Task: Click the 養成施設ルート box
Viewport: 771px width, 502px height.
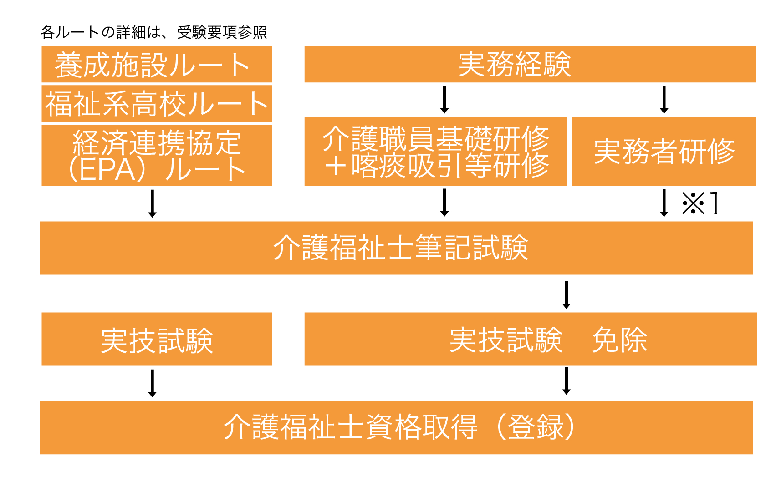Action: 157,64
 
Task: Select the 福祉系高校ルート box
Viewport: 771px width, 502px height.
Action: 157,104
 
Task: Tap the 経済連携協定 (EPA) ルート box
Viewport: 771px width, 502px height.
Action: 157,156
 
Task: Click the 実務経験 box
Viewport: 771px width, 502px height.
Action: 531,64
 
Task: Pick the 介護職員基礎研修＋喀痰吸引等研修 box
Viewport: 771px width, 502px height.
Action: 435,152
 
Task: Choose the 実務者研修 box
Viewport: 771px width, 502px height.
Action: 664,152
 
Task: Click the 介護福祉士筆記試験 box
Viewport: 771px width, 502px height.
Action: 397,248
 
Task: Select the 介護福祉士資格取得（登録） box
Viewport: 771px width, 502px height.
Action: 397,428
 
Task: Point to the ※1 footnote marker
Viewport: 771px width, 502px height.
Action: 700,203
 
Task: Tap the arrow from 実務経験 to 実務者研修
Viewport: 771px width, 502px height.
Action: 664,99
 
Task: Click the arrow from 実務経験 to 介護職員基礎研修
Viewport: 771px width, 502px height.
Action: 444,99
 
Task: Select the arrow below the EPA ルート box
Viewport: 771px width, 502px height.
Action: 152,203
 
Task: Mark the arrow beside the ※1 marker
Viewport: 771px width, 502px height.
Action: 664,203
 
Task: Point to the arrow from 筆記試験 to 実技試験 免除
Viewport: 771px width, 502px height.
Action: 567,295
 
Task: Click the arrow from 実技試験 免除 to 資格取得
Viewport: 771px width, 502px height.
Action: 567,381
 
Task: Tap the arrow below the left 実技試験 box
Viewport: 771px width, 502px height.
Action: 152,383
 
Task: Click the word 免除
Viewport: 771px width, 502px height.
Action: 619,340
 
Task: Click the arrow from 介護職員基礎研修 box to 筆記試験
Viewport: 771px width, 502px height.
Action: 444,203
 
